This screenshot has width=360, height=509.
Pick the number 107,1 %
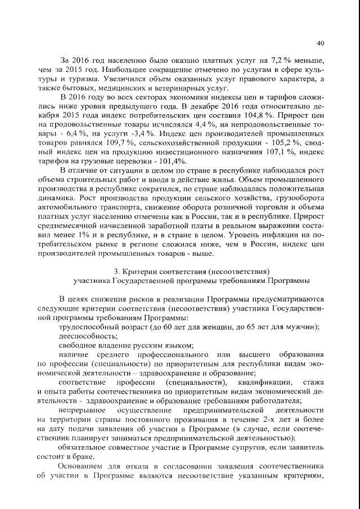pos(279,152)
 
